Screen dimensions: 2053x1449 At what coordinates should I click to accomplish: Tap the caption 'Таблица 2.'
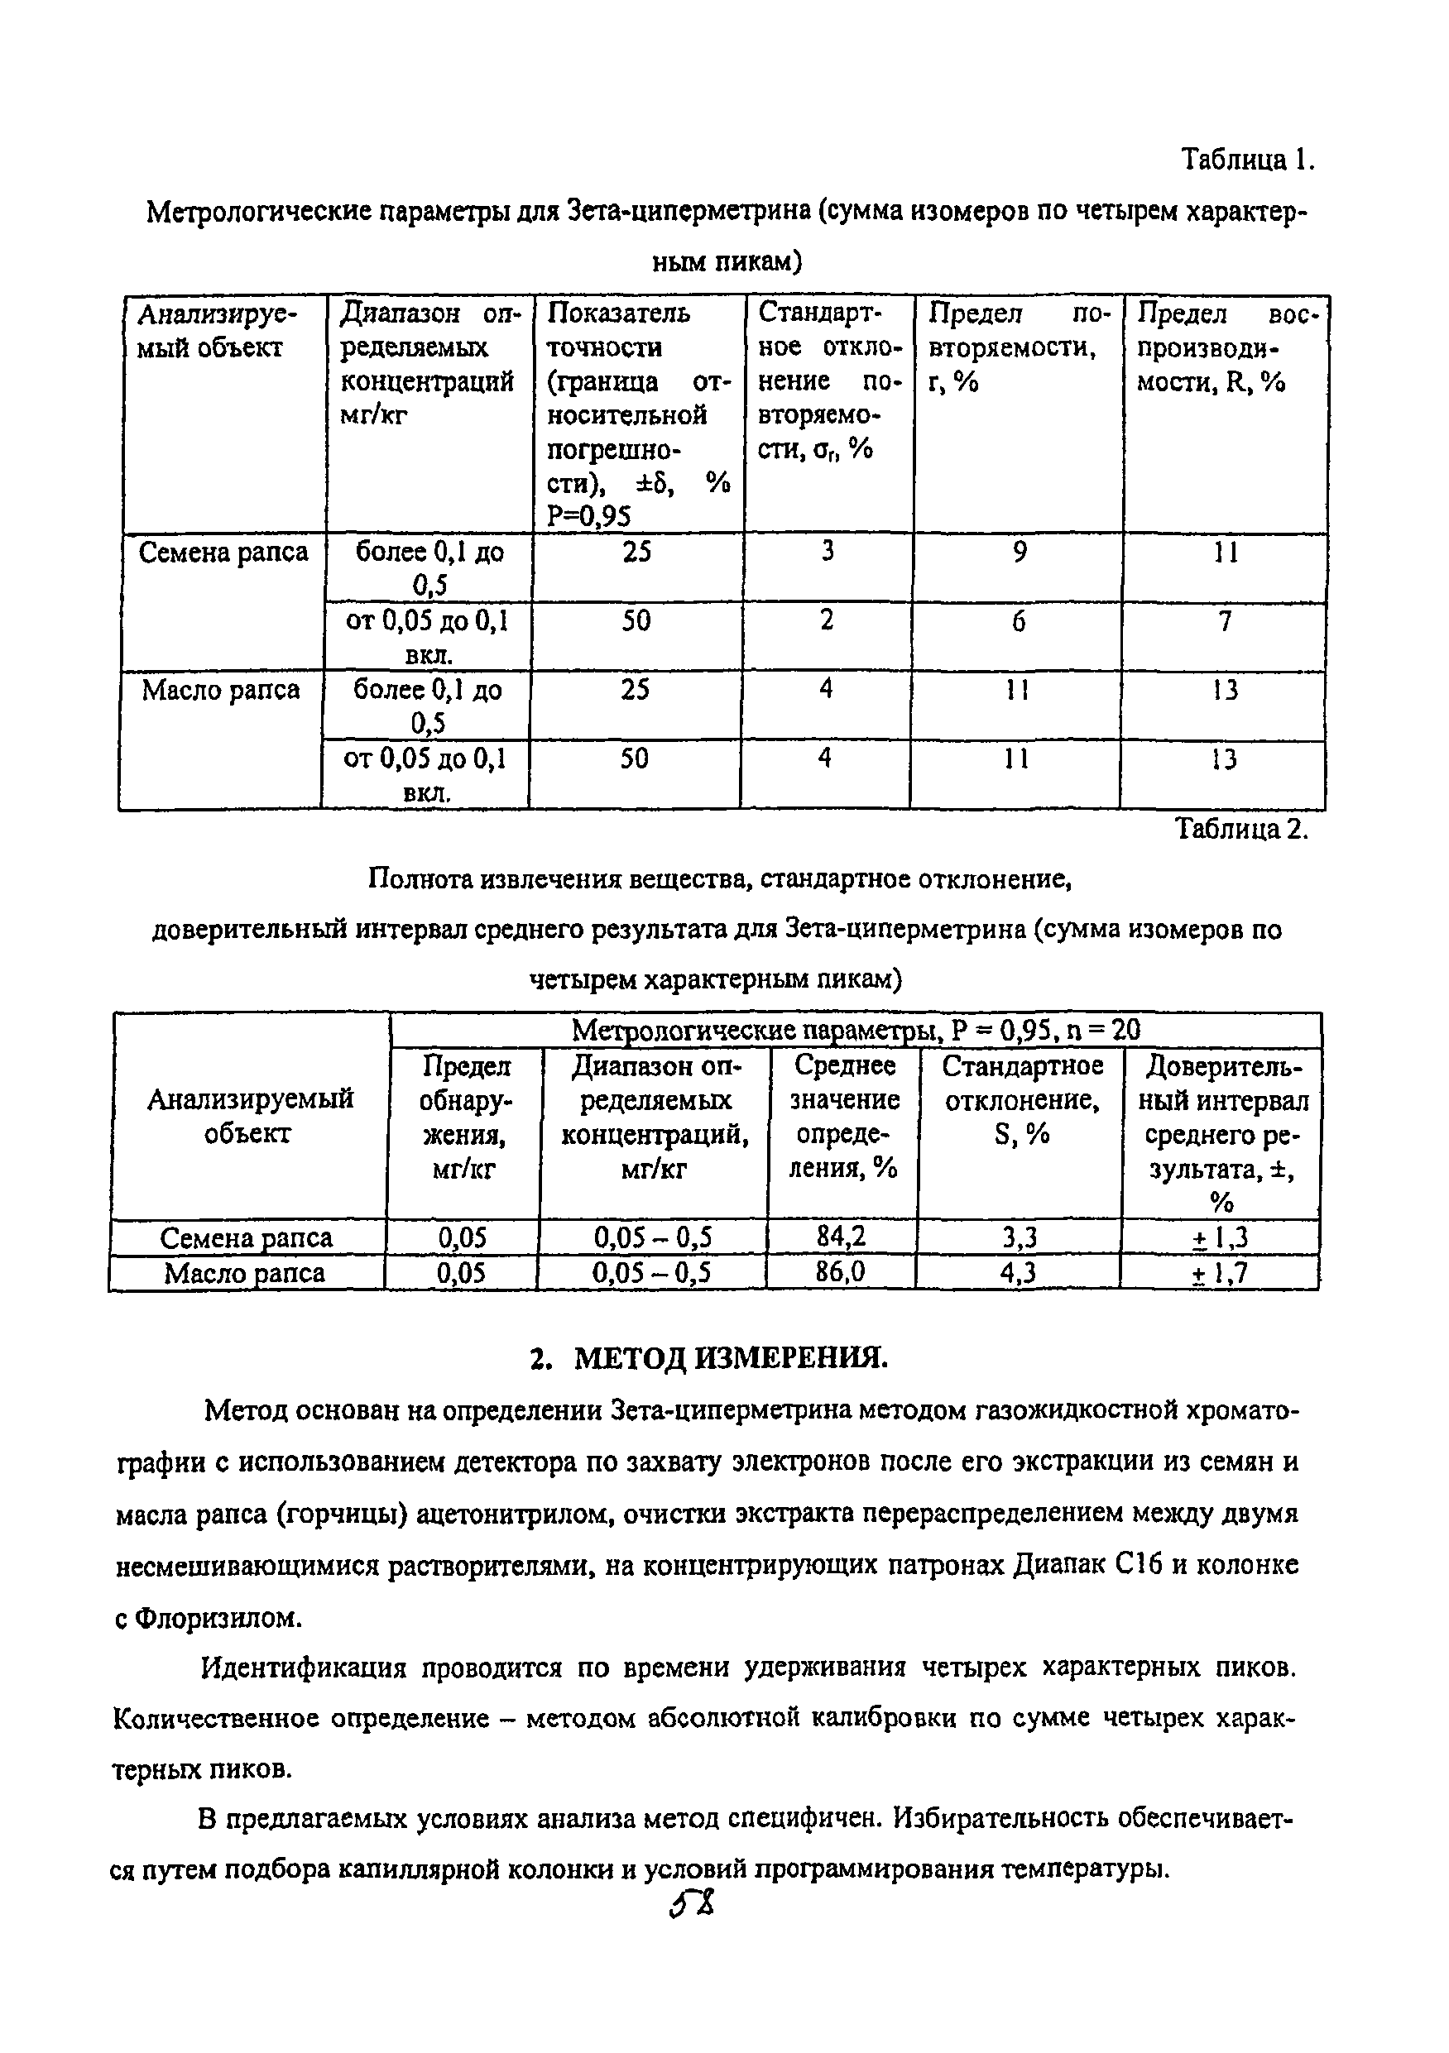coord(1241,829)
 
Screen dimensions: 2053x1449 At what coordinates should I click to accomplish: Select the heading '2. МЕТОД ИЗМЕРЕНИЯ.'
coord(709,1357)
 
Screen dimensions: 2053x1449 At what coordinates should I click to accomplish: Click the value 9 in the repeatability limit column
coord(1020,552)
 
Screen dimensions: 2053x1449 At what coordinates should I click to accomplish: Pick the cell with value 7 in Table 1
coord(1226,620)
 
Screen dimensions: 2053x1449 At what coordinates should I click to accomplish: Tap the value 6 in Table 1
coord(1018,620)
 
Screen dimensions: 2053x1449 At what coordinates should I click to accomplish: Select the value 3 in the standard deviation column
coord(828,552)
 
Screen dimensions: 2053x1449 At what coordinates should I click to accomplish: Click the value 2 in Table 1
coord(827,620)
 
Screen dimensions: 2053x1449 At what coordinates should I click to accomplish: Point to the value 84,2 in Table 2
coord(841,1237)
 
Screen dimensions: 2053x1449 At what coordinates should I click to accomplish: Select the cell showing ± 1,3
coord(1220,1237)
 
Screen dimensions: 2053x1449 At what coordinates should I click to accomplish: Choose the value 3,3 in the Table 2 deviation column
coord(1019,1237)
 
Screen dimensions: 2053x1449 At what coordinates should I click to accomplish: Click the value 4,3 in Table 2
coord(1018,1272)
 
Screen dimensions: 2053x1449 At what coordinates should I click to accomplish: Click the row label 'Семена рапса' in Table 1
coord(223,553)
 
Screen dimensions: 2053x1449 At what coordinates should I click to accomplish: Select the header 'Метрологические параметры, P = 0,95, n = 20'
coord(855,1030)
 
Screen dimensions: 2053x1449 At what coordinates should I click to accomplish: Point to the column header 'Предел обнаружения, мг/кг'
coord(464,1117)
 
